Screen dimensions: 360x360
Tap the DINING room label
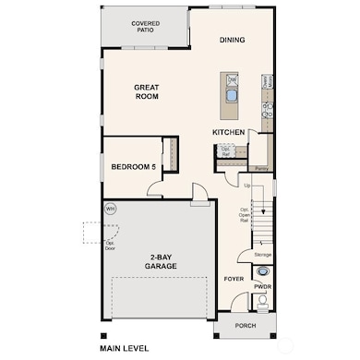point(232,40)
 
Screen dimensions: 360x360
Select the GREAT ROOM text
point(148,90)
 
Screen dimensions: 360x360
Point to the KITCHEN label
point(228,132)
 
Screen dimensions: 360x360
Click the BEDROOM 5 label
point(132,166)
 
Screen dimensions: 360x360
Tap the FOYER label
point(234,278)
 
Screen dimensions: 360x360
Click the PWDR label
point(262,287)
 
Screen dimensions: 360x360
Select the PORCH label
point(245,326)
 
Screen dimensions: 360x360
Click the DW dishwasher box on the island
point(232,80)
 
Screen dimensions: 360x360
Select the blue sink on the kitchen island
point(231,95)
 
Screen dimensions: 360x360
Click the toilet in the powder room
point(263,302)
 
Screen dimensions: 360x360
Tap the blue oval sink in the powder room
point(263,272)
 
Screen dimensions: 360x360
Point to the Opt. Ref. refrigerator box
point(226,151)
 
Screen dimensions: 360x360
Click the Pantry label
point(261,169)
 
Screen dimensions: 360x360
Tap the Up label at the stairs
point(246,186)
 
